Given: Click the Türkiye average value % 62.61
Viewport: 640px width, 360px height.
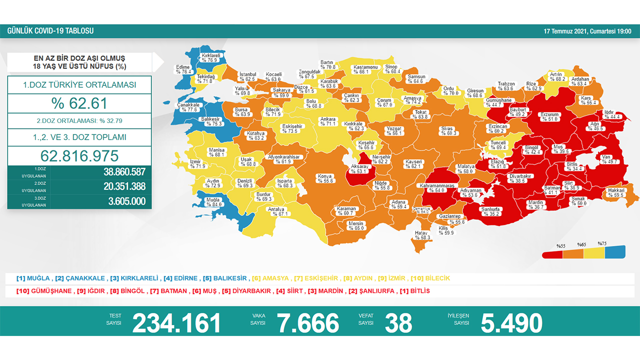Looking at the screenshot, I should (79, 103).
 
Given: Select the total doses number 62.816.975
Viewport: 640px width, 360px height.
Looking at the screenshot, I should (79, 155).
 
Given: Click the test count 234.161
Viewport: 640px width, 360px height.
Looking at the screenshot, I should (176, 323).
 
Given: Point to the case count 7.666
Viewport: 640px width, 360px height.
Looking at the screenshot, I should (308, 323).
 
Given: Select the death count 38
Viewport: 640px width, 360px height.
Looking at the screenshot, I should (398, 323).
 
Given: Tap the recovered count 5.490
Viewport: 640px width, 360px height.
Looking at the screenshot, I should (511, 323).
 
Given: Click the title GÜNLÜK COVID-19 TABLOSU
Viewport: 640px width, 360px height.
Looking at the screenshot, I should (50, 31).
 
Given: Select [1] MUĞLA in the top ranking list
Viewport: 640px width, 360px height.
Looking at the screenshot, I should (33, 278).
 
